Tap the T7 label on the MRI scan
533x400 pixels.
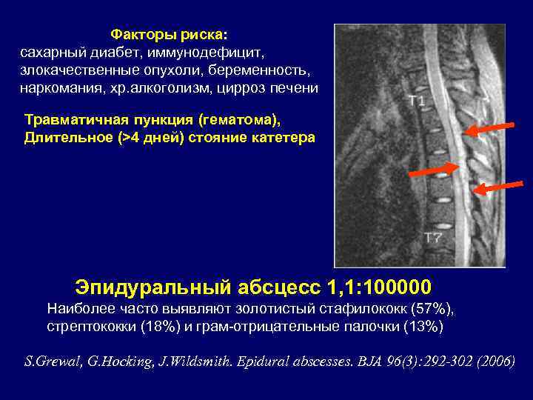(x=433, y=238)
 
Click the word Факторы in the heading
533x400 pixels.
(x=142, y=35)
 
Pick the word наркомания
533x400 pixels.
(x=58, y=89)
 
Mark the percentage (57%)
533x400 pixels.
(x=432, y=307)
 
